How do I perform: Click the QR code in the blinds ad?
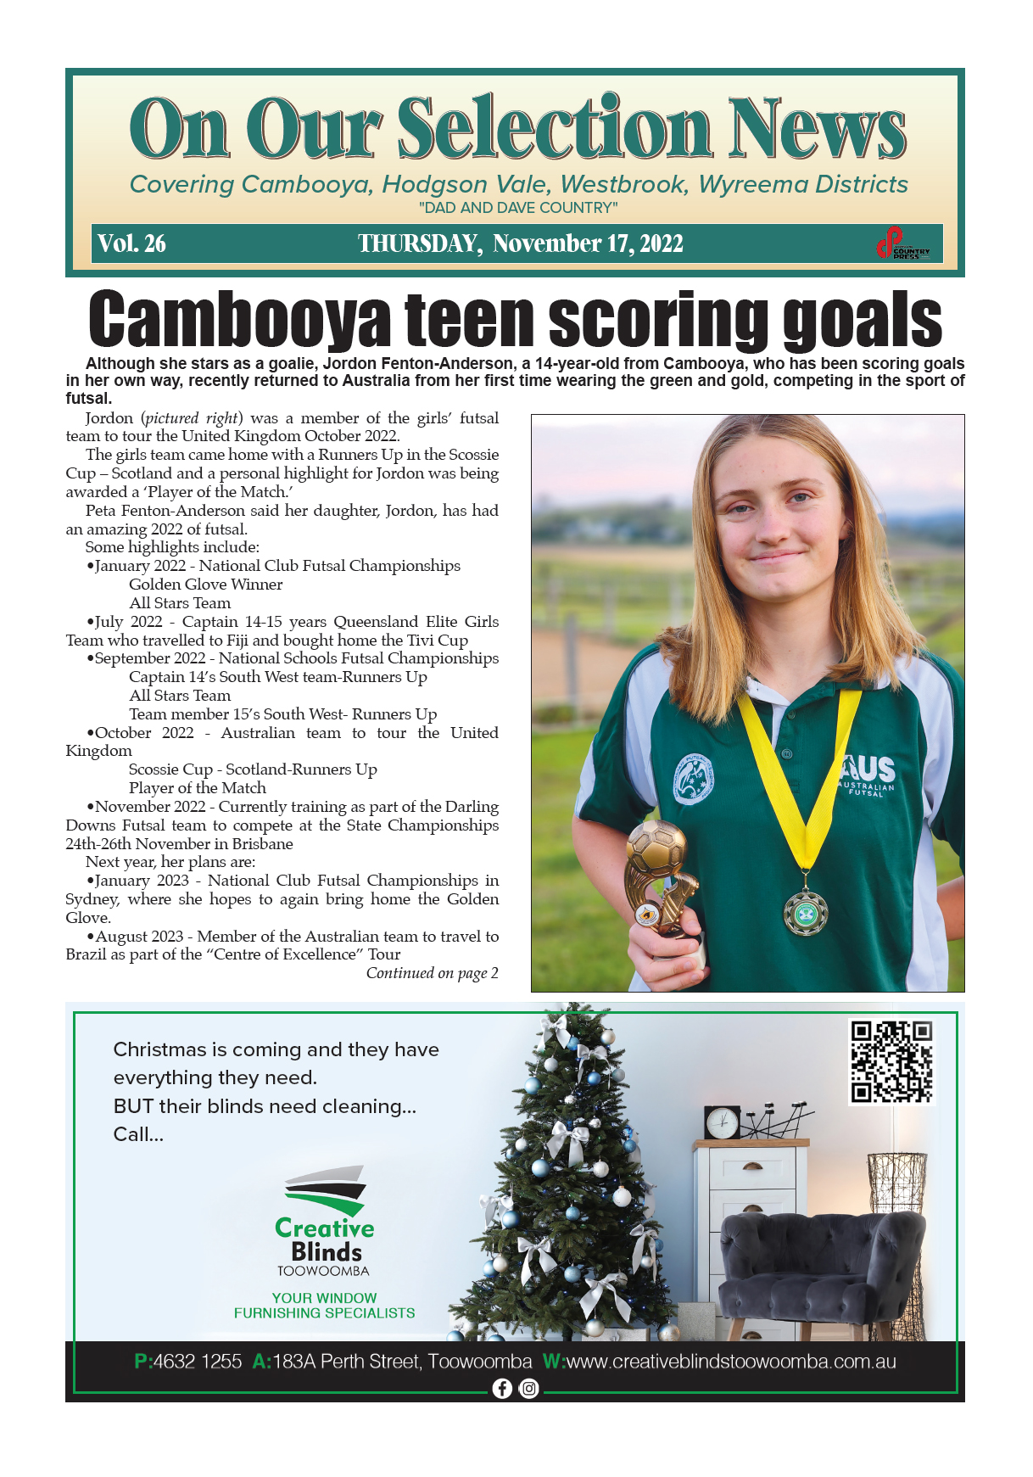(891, 1061)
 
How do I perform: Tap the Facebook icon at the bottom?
(502, 1388)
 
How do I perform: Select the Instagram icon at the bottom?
(528, 1388)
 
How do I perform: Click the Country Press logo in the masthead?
(903, 244)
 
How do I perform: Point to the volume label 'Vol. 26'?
(131, 244)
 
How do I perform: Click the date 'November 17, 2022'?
(588, 244)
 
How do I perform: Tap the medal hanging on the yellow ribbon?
(805, 911)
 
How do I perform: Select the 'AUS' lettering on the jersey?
(868, 769)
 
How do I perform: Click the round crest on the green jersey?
(694, 780)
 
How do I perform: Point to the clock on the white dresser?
(722, 1122)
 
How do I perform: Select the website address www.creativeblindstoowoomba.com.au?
(730, 1362)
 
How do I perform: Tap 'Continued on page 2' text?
(432, 973)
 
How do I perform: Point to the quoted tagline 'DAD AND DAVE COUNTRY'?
(517, 208)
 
